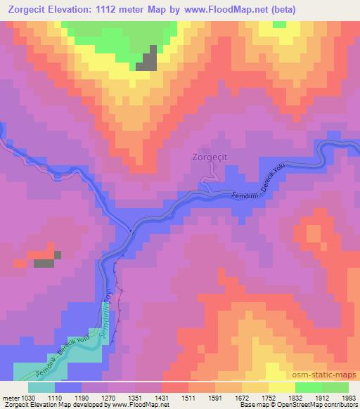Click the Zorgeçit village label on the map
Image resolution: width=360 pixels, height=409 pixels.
[210, 158]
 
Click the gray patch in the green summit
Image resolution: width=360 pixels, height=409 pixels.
[146, 60]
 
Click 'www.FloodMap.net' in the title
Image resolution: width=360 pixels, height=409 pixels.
[219, 10]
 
